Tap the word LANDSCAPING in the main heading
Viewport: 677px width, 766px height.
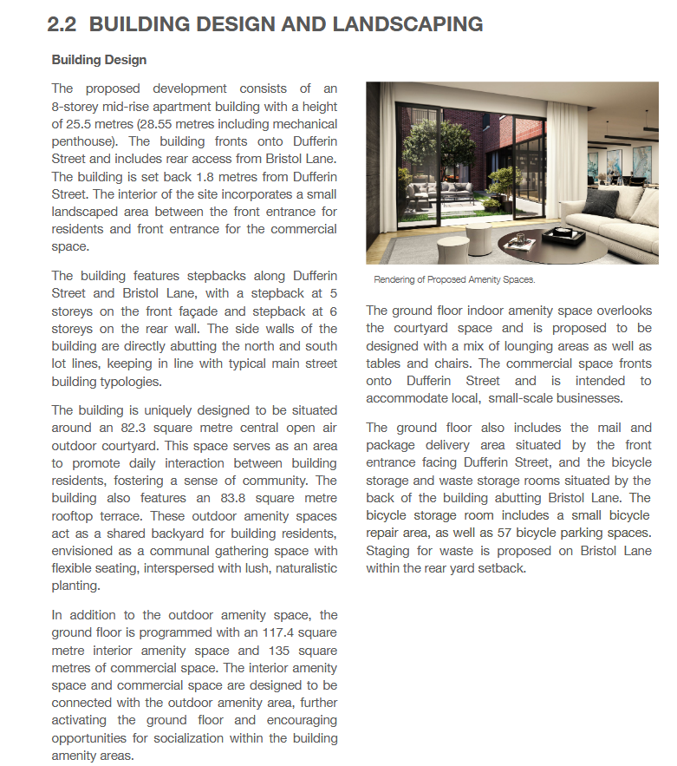click(x=406, y=24)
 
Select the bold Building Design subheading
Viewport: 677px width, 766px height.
click(x=99, y=60)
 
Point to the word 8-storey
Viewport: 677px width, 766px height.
click(x=75, y=106)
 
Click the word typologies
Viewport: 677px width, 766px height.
click(x=134, y=381)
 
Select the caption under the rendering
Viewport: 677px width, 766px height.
click(x=454, y=279)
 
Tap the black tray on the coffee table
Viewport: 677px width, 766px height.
click(x=563, y=232)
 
